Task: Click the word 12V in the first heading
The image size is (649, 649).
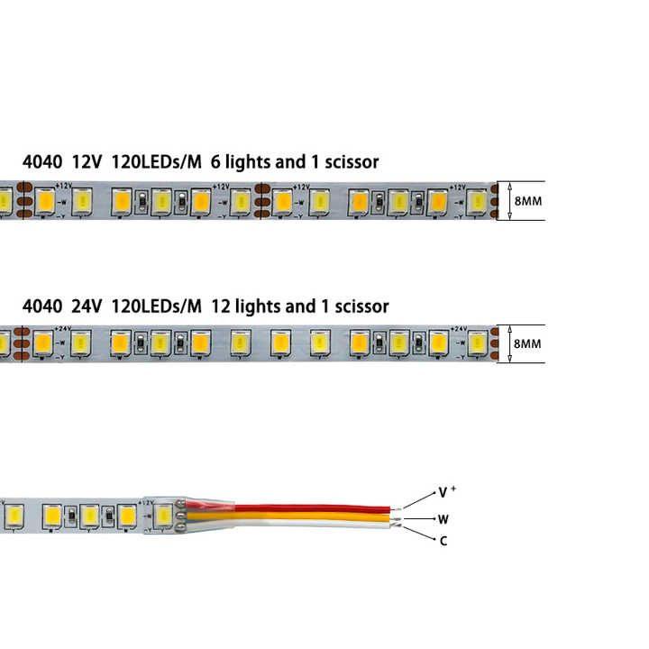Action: pyautogui.click(x=86, y=162)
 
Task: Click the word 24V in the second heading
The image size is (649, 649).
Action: pyautogui.click(x=86, y=306)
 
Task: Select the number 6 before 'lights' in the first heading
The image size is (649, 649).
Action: pyautogui.click(x=215, y=162)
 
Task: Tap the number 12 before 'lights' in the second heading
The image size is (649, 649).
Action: pyautogui.click(x=219, y=306)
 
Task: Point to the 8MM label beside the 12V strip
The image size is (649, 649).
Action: pyautogui.click(x=527, y=201)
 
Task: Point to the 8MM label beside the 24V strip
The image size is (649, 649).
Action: pyautogui.click(x=527, y=343)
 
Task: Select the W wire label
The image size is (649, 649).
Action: pyautogui.click(x=443, y=518)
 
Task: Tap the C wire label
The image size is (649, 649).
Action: pyautogui.click(x=443, y=541)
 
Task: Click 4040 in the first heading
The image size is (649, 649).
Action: pyautogui.click(x=42, y=162)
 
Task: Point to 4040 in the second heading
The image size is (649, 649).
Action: pyautogui.click(x=42, y=306)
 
